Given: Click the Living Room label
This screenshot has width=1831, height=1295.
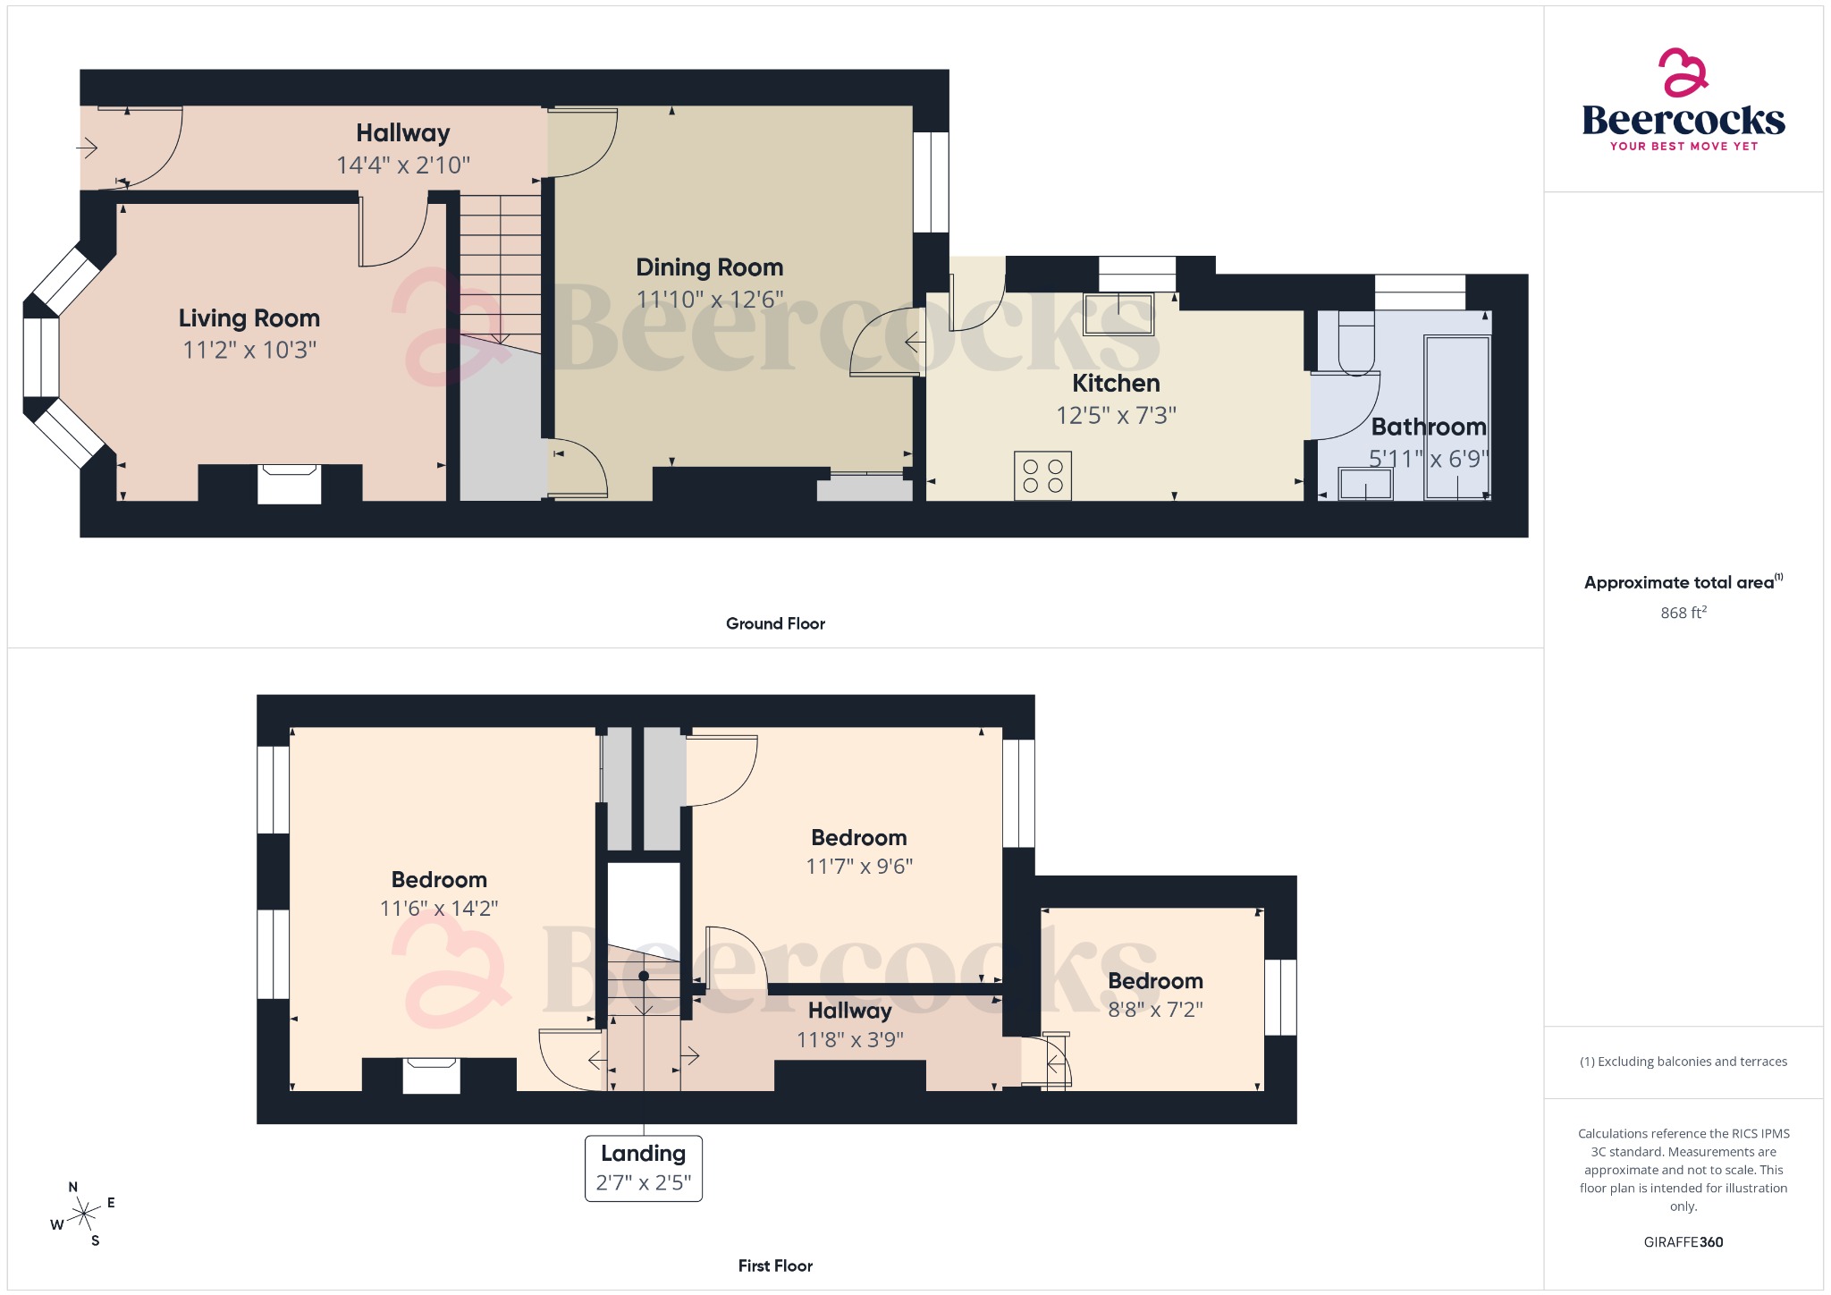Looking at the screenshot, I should pos(249,318).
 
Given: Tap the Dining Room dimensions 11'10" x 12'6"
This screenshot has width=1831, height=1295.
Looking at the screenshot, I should pos(709,299).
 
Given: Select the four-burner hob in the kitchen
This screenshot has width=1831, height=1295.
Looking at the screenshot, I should pos(1042,476).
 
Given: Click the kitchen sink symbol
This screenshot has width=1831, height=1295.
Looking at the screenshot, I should pos(1118,313).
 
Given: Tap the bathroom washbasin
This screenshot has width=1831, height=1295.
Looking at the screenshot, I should pos(1365,485).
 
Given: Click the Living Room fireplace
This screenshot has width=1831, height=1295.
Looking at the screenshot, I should pos(289,484).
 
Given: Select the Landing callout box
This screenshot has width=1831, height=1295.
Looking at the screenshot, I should pos(643,1168).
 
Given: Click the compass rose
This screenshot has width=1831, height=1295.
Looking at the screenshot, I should pos(83,1214).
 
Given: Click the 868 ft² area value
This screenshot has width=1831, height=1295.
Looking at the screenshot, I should pos(1683,613).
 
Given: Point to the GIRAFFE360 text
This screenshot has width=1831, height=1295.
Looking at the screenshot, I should pos(1683,1241).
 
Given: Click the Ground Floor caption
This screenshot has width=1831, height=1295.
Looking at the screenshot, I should pos(775,623).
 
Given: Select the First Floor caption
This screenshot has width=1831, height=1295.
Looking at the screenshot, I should pos(775,1265).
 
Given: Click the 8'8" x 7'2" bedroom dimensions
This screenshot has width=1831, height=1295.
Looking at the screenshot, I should pos(1155,1010).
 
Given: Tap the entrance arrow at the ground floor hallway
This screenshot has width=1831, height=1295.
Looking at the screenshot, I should pos(88,147).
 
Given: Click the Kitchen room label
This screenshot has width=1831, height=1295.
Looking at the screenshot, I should pos(1116,384).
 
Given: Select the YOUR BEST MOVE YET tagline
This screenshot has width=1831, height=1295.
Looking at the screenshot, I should pos(1683,146).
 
